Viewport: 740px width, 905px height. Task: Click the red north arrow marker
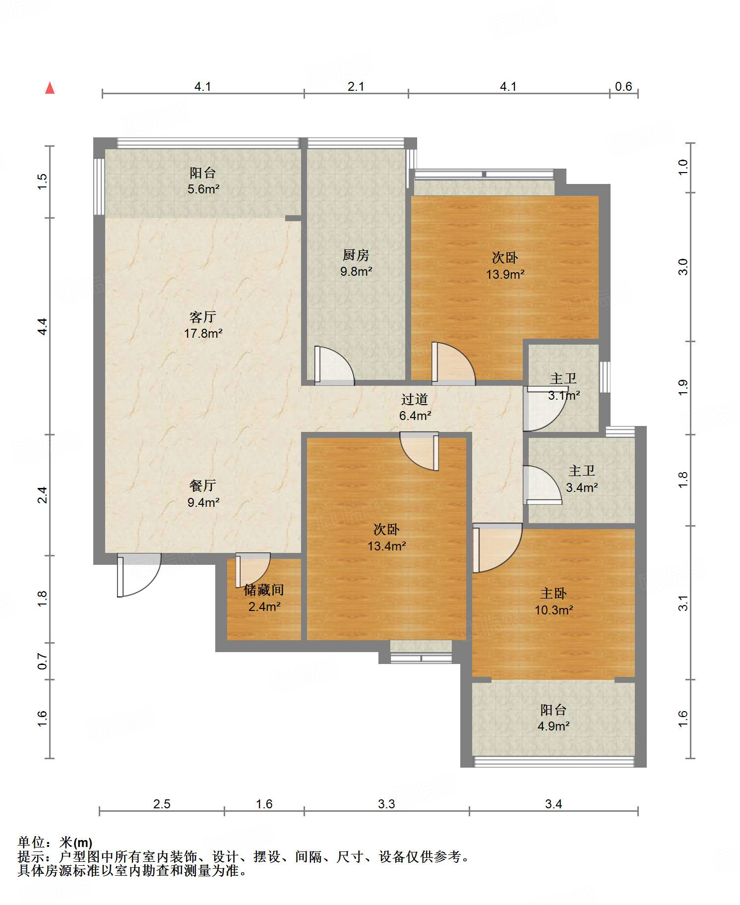point(50,88)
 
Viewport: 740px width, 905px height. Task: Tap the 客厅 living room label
point(203,317)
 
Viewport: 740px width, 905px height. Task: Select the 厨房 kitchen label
point(356,255)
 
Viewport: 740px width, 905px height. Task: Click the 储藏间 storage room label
point(264,590)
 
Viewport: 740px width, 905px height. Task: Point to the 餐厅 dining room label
point(203,485)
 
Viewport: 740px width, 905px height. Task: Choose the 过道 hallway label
point(415,399)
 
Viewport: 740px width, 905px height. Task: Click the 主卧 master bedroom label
point(554,593)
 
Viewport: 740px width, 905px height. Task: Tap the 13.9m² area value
point(505,274)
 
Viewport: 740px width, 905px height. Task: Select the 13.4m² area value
point(387,546)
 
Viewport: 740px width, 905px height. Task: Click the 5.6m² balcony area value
point(203,189)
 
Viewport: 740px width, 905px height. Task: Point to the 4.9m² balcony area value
point(554,726)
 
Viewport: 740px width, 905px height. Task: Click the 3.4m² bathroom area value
point(582,487)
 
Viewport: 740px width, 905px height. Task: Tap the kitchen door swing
point(334,365)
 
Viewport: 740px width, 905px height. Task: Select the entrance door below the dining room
point(139,575)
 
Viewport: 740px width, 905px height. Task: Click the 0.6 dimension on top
point(623,87)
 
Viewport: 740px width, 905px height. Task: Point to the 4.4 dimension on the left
point(43,326)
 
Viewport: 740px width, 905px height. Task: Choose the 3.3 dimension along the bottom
point(386,804)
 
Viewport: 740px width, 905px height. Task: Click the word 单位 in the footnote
point(31,842)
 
